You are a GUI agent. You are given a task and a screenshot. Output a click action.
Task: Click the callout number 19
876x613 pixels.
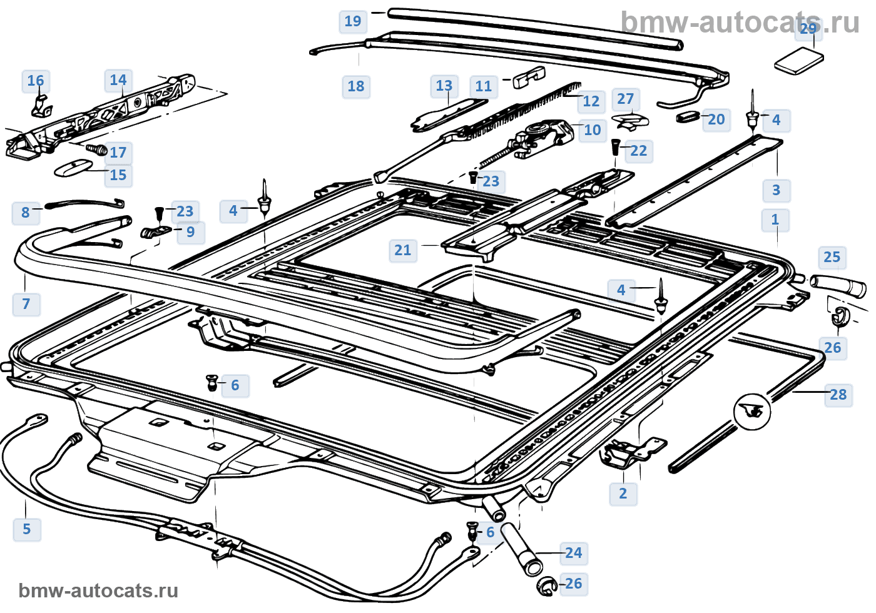tap(353, 21)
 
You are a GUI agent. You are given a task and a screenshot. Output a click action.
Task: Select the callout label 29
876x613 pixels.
tap(808, 28)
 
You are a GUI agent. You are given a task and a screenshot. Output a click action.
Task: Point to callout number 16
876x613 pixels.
tap(36, 81)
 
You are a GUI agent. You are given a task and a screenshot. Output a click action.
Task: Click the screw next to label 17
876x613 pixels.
tap(97, 149)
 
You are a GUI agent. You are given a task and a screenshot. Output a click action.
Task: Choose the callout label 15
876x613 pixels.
tap(118, 175)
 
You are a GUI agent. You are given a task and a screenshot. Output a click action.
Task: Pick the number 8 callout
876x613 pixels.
tap(26, 213)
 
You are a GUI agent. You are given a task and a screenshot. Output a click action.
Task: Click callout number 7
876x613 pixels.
tap(26, 304)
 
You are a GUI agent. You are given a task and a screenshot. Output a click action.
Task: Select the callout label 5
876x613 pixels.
tap(27, 529)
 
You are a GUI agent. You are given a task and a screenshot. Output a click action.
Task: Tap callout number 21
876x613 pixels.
tap(403, 251)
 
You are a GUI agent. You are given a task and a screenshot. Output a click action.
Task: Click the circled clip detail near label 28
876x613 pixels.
tap(751, 411)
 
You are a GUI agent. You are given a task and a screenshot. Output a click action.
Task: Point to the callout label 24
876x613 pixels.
tap(573, 553)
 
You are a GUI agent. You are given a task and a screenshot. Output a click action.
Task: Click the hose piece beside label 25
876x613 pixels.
tap(838, 286)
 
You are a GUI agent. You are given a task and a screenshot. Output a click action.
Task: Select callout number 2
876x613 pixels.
tap(623, 494)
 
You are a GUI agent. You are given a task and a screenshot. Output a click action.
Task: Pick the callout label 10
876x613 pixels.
tap(592, 130)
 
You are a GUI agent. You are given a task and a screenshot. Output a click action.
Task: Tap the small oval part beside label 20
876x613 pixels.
tap(689, 116)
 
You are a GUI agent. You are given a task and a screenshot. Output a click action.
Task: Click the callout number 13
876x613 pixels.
tap(444, 86)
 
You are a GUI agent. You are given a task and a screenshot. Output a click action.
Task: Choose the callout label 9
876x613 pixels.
tap(190, 232)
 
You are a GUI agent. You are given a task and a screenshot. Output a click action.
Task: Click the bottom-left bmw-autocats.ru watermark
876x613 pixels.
tap(98, 591)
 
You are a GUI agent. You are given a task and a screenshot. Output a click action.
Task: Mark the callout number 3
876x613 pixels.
tap(776, 190)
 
